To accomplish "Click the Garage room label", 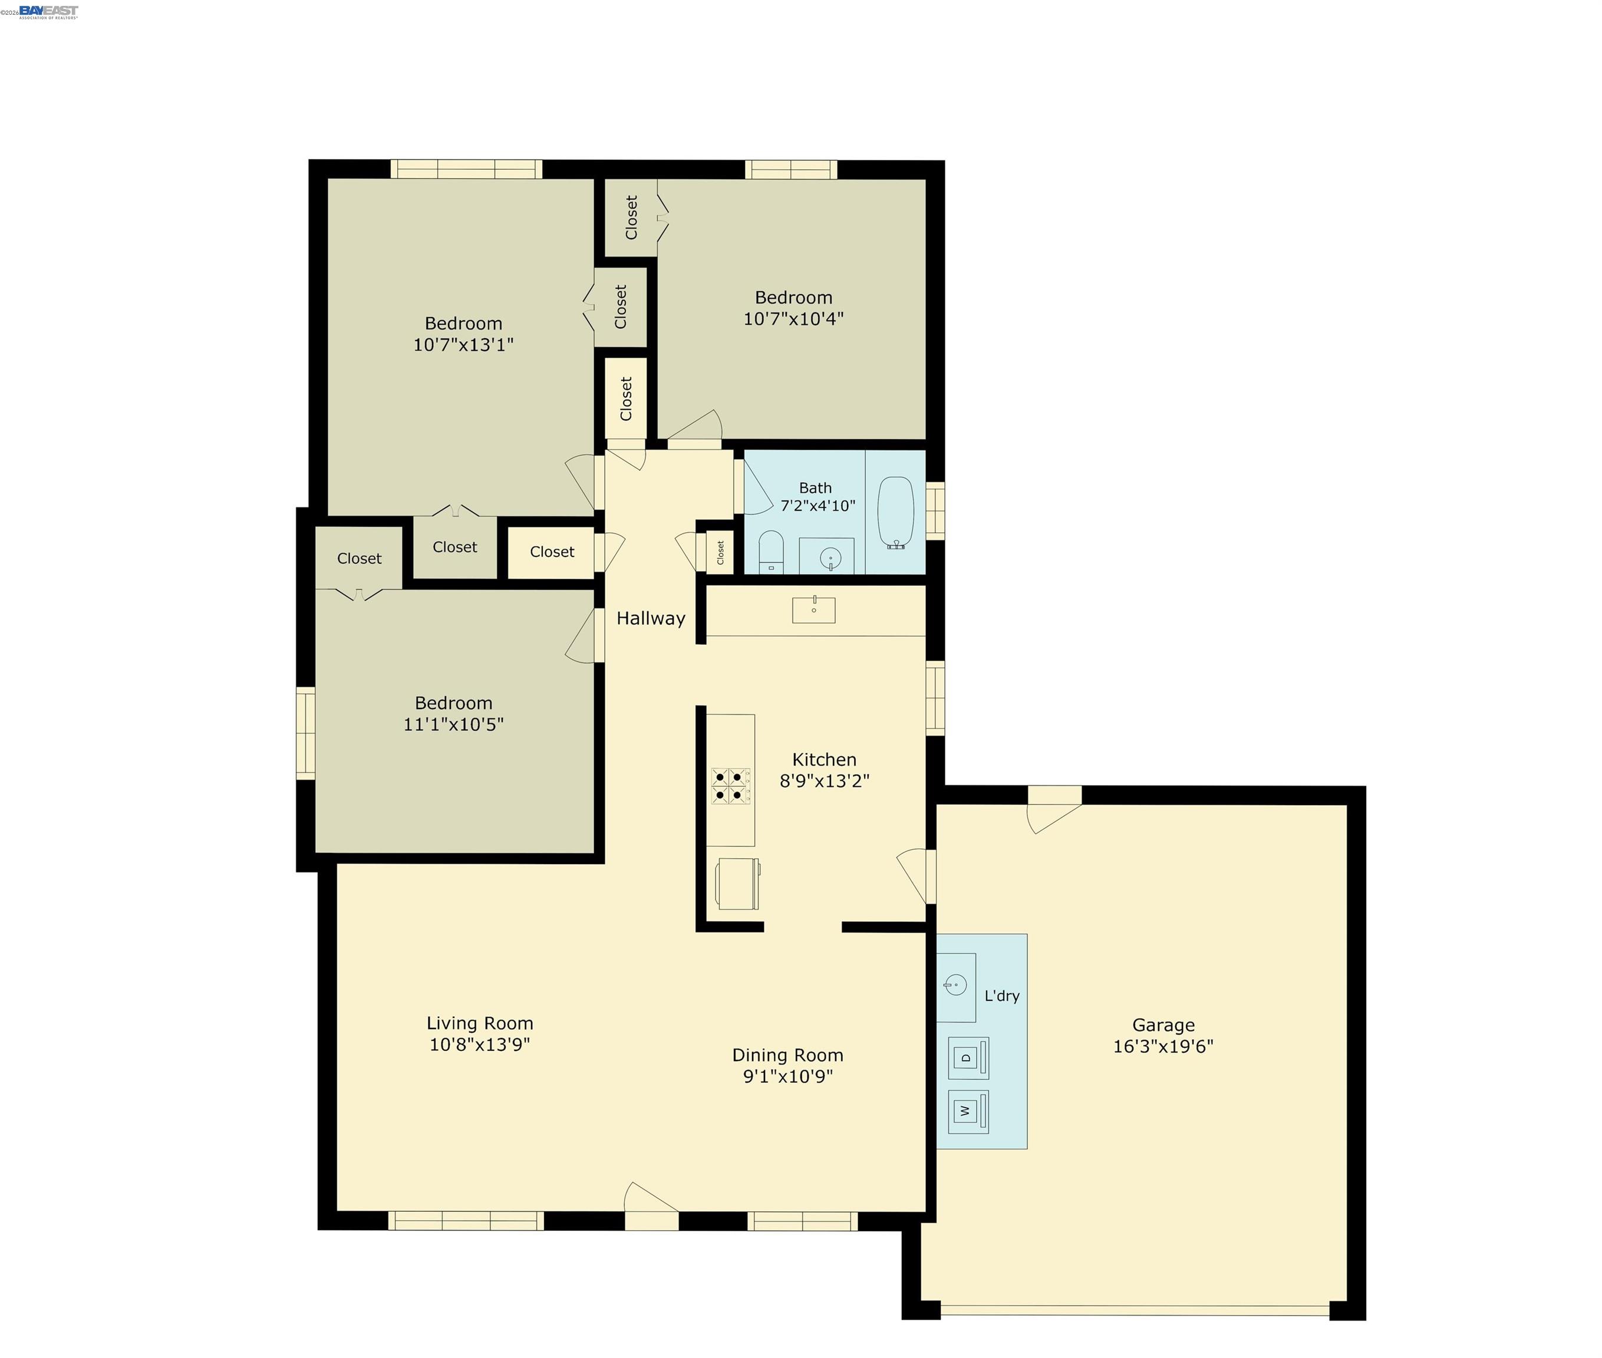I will (1162, 1024).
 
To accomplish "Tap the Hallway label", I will (651, 618).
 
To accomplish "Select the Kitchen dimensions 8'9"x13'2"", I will (824, 780).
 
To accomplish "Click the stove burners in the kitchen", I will (730, 785).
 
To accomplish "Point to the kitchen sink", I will (814, 609).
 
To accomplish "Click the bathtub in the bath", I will (895, 512).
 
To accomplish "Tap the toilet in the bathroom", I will (770, 551).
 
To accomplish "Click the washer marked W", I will (967, 1111).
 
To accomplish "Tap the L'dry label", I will (1001, 996).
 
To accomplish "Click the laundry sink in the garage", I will (955, 985).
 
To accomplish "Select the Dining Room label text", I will (787, 1054).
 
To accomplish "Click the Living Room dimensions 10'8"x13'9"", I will (480, 1044).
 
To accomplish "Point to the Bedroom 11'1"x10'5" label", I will (453, 713).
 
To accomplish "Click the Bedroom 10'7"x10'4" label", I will (793, 308).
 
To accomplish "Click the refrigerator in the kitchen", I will (737, 883).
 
